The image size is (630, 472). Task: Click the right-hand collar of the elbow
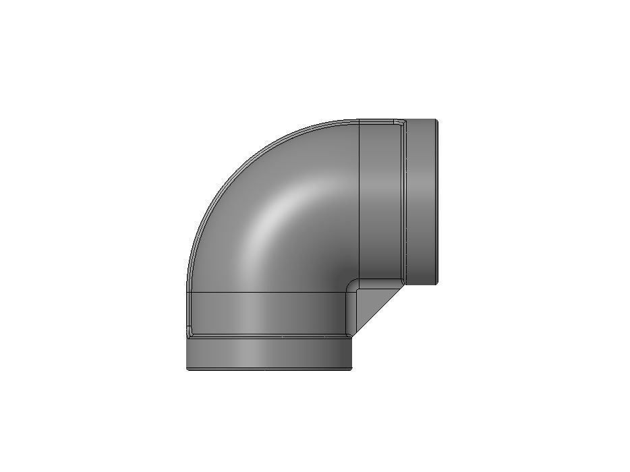tap(422, 202)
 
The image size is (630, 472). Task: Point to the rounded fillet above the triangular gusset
tap(352, 285)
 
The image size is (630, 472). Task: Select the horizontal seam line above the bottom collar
tap(270, 293)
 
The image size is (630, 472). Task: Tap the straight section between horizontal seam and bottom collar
tap(270, 314)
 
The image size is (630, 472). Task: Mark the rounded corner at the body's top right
tap(400, 123)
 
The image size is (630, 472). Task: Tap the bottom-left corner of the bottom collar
tap(188, 368)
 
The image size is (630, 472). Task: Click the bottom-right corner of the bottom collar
tap(352, 368)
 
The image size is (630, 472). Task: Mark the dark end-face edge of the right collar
tap(437, 202)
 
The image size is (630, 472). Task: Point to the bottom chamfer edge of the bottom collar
tap(270, 368)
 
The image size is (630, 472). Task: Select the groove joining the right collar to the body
tap(407, 202)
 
